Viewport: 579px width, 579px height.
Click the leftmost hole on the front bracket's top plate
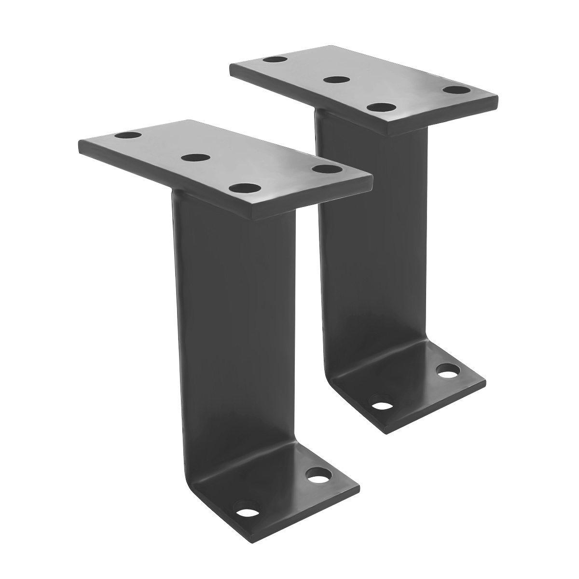pos(127,136)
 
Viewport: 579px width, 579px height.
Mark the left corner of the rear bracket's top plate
pos(231,68)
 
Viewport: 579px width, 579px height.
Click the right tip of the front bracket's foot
pos(359,485)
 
